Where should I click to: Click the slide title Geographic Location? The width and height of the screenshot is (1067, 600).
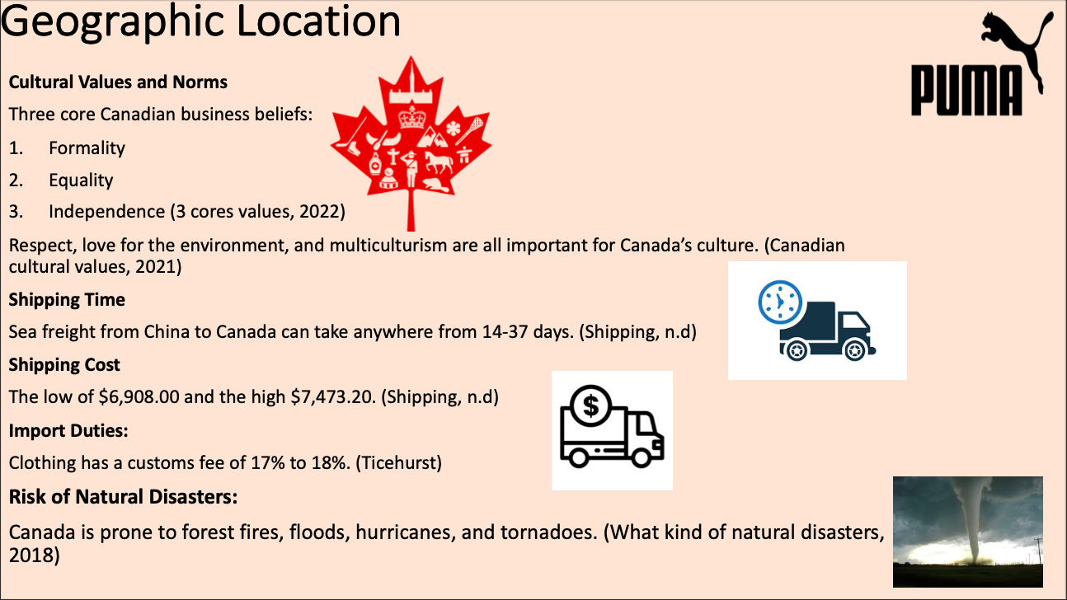(x=200, y=22)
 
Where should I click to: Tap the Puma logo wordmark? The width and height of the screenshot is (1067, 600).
(x=967, y=91)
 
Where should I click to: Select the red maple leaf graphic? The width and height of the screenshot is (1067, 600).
(x=411, y=143)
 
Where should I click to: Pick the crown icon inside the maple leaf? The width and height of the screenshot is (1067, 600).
(x=411, y=117)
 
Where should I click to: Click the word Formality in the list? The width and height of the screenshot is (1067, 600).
(x=87, y=148)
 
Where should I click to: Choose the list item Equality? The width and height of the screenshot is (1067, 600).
(x=81, y=180)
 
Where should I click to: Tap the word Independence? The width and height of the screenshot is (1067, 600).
(x=106, y=212)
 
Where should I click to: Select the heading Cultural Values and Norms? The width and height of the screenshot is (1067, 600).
(x=118, y=82)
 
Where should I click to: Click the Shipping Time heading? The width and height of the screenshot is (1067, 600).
(x=67, y=299)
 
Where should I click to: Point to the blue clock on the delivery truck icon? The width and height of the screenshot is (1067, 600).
(x=780, y=302)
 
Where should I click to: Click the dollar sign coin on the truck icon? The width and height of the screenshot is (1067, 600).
(x=590, y=405)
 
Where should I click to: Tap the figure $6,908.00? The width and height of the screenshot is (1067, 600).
(x=139, y=396)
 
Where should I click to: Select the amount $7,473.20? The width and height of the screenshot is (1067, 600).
(x=333, y=396)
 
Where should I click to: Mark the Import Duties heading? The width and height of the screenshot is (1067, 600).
(x=68, y=430)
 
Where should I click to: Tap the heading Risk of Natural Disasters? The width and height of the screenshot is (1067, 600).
(x=123, y=497)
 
